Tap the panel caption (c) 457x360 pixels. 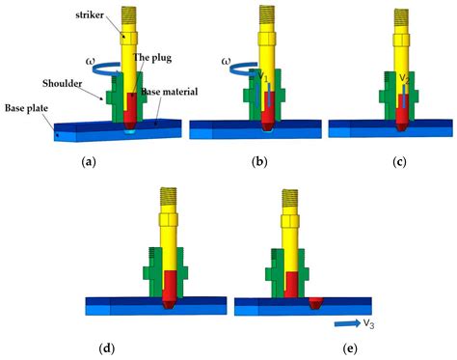tap(397, 162)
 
